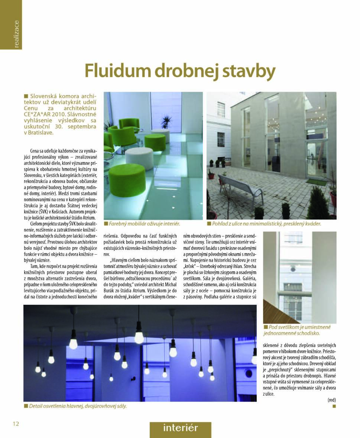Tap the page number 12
pyautogui.click(x=16, y=424)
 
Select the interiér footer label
pyautogui.click(x=180, y=428)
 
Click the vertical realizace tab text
pyautogui.click(x=16, y=34)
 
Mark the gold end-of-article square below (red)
pyautogui.click(x=334, y=406)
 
